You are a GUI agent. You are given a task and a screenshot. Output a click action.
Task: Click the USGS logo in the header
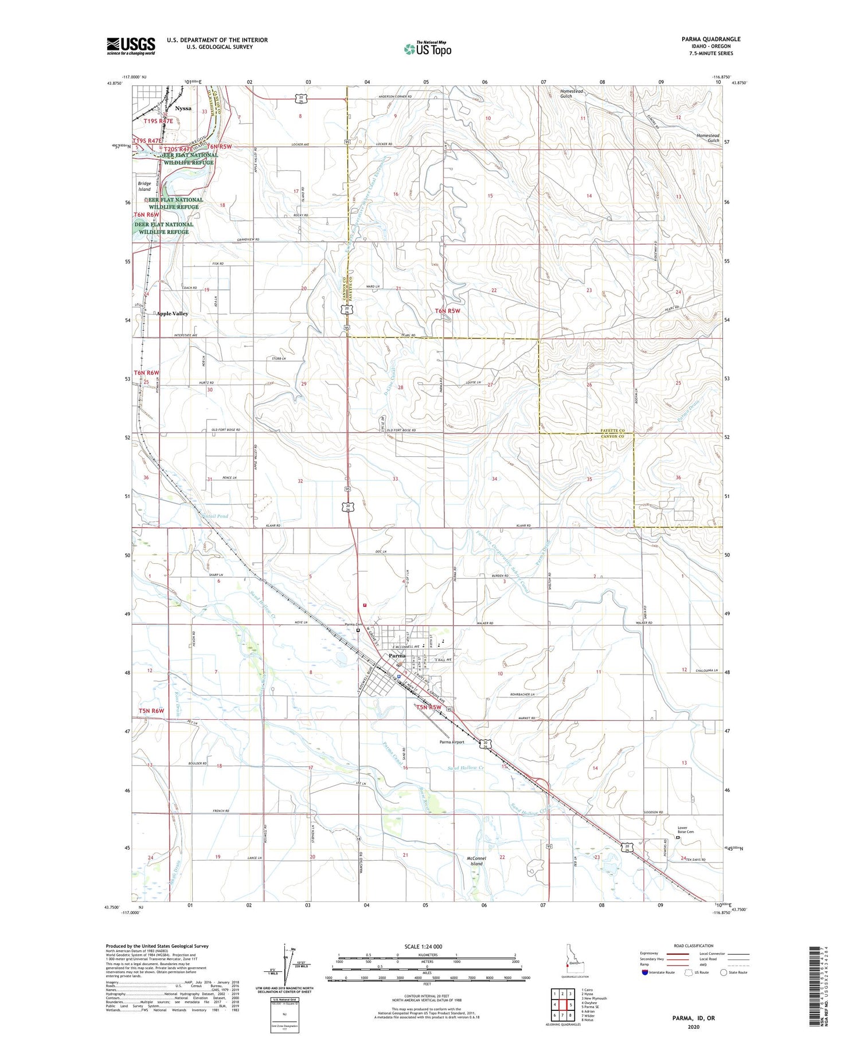(x=131, y=46)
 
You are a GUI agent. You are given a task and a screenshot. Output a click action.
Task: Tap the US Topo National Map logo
(x=427, y=49)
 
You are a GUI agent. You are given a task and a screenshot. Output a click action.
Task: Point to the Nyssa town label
(x=183, y=108)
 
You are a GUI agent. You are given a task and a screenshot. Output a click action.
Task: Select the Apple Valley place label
(x=172, y=313)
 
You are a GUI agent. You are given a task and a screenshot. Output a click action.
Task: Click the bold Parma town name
(x=397, y=655)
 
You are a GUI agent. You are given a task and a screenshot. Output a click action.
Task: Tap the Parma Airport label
(x=452, y=742)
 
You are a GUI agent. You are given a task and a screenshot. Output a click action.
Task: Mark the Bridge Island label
(x=144, y=186)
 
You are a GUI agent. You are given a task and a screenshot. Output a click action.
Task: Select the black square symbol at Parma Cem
(x=358, y=630)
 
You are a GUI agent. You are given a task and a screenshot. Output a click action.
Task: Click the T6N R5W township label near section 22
(x=447, y=311)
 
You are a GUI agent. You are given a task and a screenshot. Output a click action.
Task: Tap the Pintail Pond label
(x=214, y=516)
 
